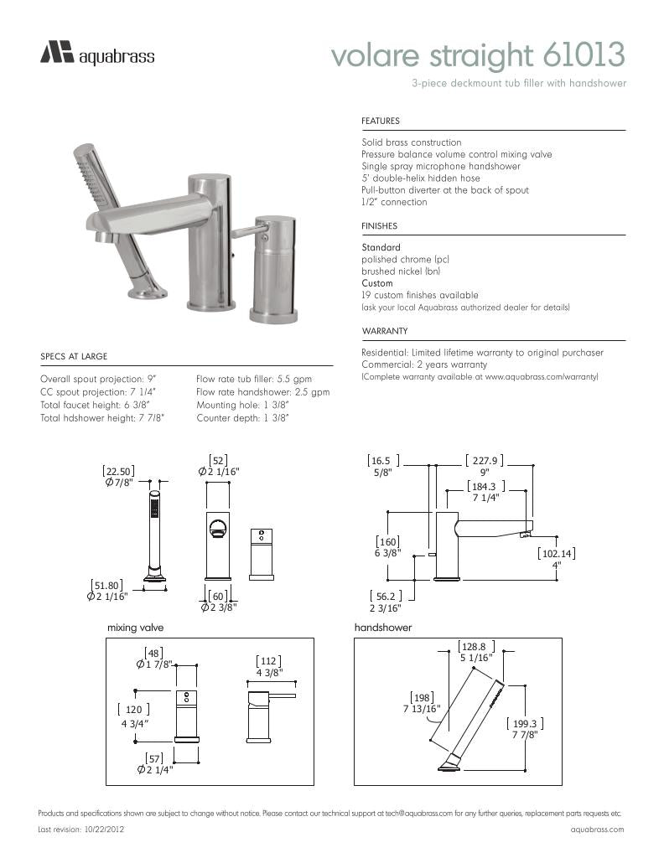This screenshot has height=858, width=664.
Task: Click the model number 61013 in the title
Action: [584, 55]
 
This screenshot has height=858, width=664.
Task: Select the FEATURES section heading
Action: [380, 121]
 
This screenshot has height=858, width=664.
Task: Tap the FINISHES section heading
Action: [379, 226]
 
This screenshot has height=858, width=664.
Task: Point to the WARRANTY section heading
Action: [384, 331]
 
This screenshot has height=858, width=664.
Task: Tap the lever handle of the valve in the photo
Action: [249, 230]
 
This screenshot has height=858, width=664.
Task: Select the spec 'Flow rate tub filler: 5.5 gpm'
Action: [253, 379]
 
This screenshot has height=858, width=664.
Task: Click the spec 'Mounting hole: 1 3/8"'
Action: [242, 404]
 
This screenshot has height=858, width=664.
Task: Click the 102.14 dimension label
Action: [556, 553]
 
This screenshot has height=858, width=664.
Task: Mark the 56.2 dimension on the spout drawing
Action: [386, 597]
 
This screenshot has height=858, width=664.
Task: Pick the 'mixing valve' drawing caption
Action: [135, 627]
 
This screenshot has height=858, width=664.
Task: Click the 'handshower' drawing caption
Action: [383, 627]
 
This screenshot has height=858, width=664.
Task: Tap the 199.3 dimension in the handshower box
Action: [524, 723]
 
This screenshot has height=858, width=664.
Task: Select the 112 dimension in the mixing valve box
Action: [268, 660]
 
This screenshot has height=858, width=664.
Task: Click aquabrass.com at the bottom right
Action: [597, 829]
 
